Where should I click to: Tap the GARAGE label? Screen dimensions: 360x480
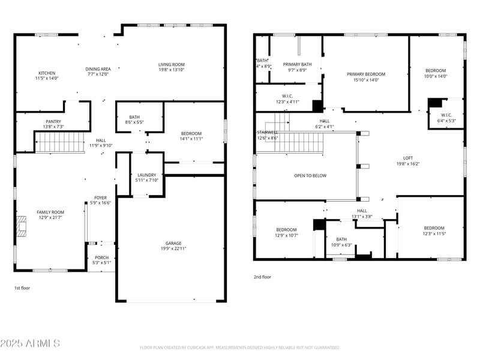173,244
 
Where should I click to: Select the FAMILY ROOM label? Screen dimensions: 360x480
50,212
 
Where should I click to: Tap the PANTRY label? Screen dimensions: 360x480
53,121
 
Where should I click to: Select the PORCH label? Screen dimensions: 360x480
102,257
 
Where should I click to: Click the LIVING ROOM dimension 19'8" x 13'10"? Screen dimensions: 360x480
171,70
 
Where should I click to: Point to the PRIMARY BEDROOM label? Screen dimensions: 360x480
366,74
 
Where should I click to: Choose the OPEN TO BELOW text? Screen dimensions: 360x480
310,176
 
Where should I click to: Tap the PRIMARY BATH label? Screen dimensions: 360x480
297,64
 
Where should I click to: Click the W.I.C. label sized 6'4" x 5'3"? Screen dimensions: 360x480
446,115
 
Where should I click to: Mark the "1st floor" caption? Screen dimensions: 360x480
22,288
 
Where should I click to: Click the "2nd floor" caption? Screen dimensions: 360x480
262,277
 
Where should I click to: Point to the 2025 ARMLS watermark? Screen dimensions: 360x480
30,343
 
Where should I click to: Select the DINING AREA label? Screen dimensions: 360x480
98,69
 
